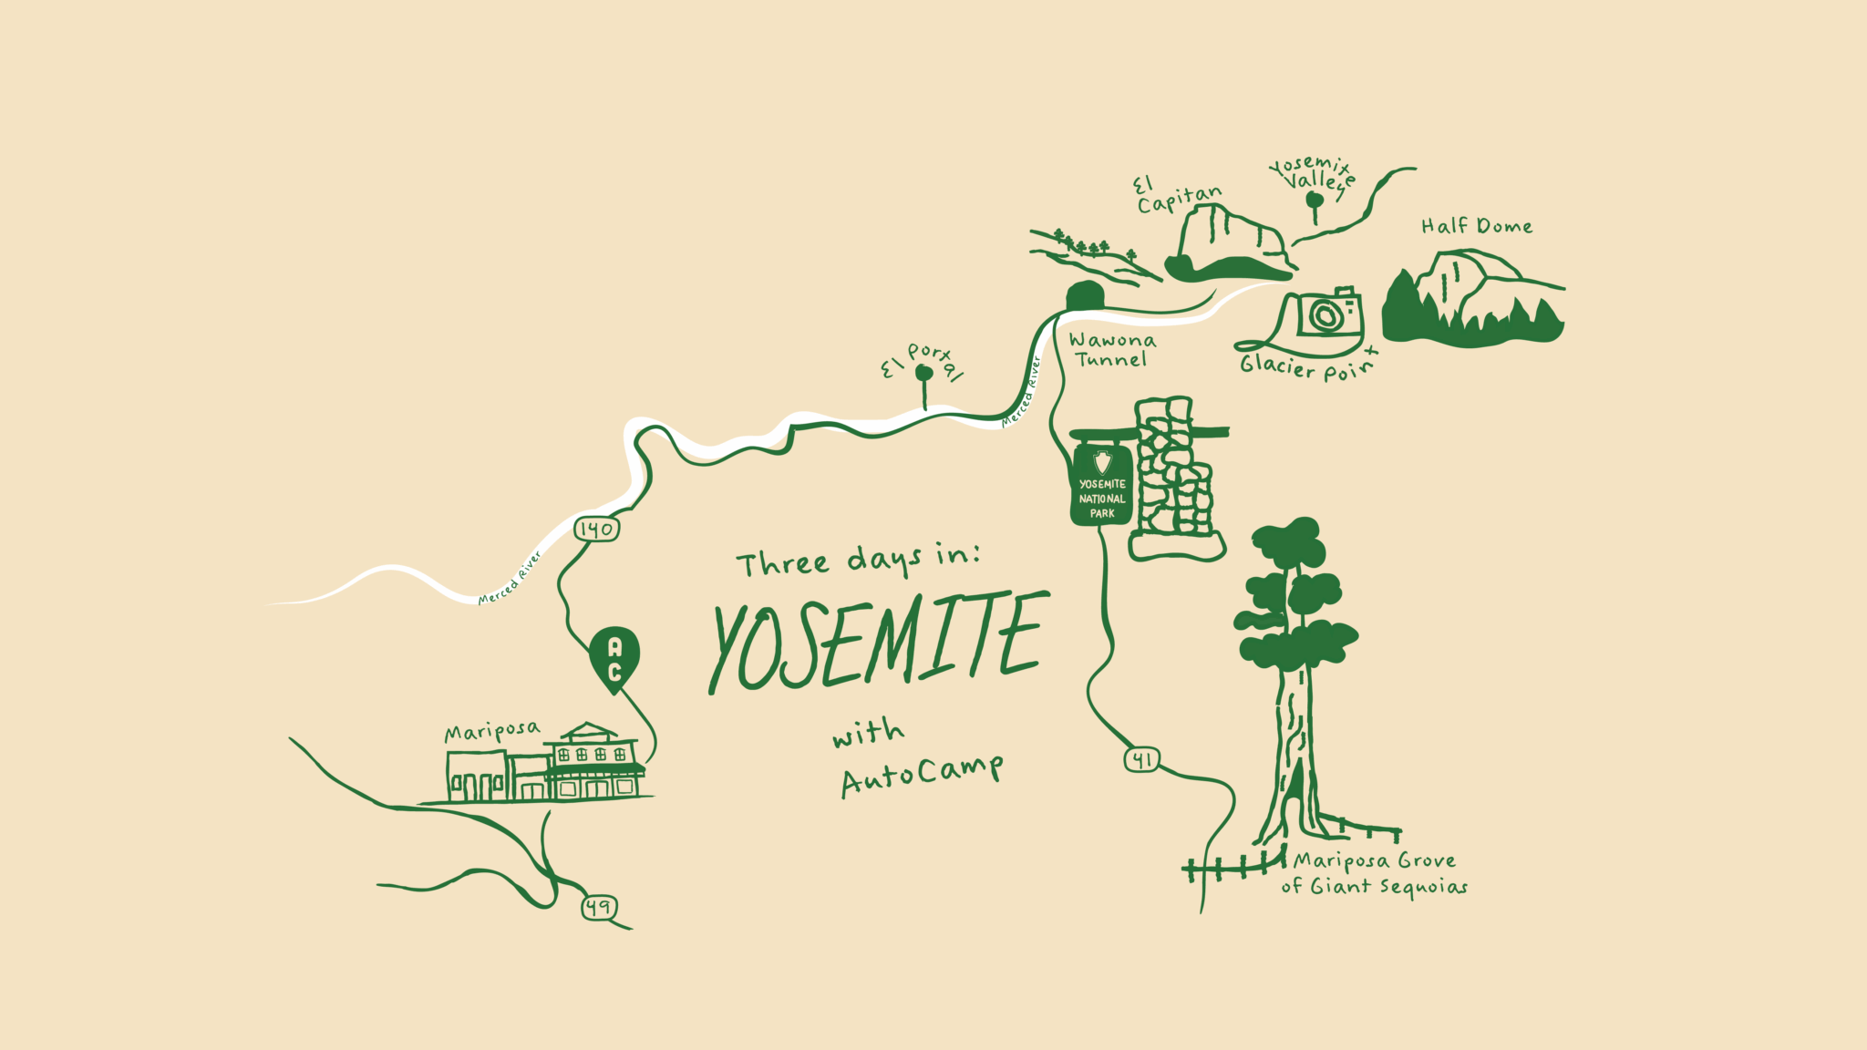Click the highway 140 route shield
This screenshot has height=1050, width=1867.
596,529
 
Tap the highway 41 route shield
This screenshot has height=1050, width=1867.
1141,759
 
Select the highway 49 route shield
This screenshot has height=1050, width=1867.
599,908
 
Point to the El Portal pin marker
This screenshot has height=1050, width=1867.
924,374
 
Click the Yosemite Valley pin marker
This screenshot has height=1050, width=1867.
1315,201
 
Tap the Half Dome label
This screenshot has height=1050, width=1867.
1476,226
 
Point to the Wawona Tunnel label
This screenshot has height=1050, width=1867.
1111,350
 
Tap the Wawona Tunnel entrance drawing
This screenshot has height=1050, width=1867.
1085,296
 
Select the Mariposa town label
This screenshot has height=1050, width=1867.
491,732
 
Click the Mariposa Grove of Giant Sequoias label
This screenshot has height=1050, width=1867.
1374,873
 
